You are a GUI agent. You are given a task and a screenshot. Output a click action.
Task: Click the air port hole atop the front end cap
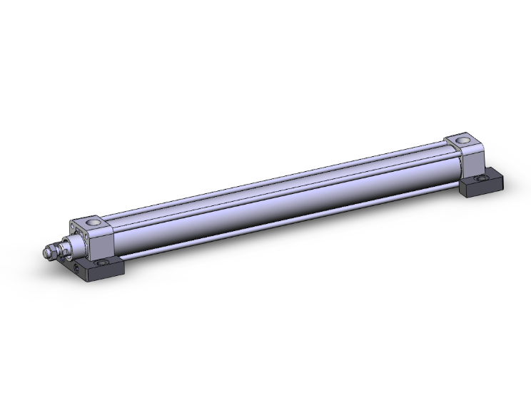[x=93, y=222]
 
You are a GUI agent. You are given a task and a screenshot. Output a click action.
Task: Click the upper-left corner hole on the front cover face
[x=73, y=227]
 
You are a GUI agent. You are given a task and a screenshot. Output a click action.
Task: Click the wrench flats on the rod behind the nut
[x=62, y=250]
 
